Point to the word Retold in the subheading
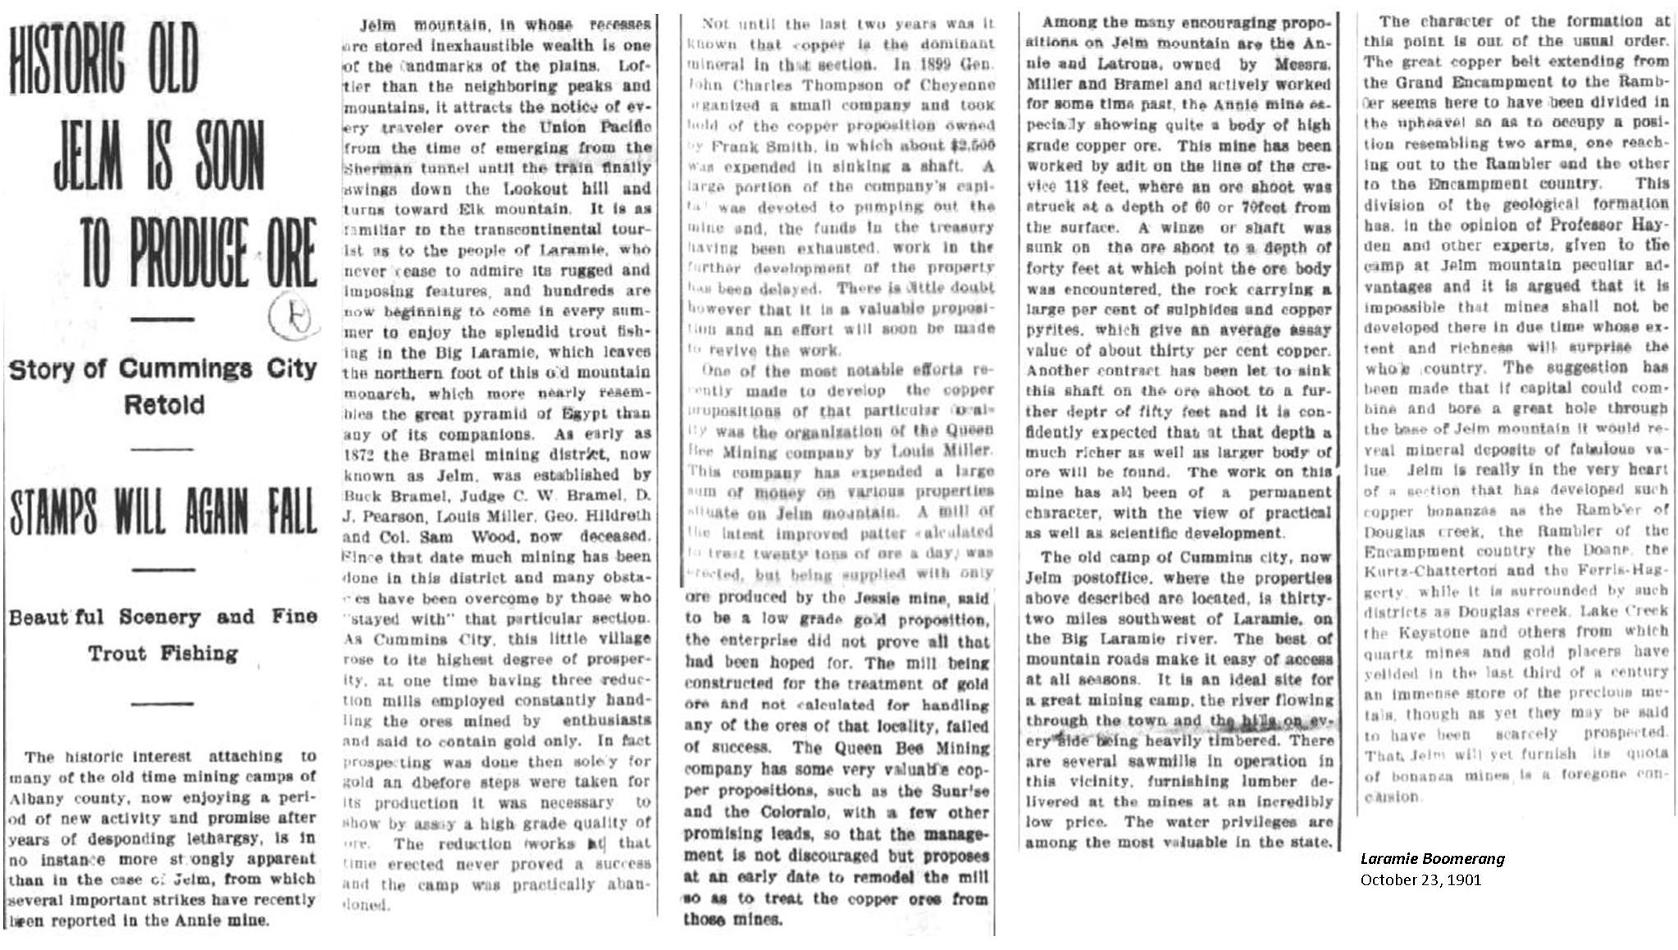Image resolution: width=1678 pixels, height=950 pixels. coord(164,405)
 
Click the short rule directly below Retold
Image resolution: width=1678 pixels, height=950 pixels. coord(162,449)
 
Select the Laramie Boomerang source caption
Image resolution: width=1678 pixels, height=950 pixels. coord(1432,859)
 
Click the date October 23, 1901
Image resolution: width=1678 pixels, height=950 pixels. coord(1420,880)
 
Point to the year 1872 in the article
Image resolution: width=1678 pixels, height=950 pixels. coord(358,455)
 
